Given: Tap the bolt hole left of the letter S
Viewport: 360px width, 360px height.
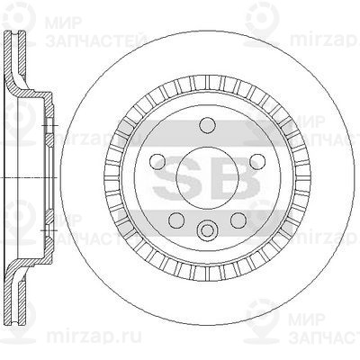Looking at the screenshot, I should [160, 162].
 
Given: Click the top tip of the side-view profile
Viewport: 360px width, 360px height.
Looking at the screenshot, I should [12, 33].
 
